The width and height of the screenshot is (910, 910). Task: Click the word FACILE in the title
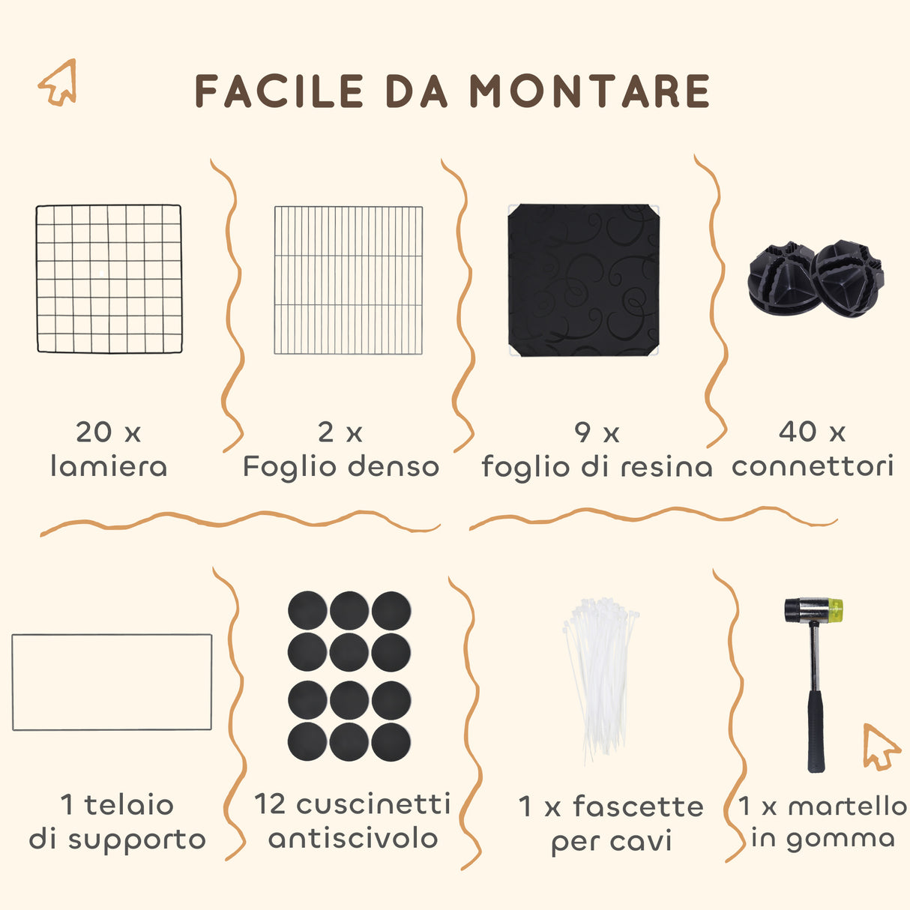tap(279, 91)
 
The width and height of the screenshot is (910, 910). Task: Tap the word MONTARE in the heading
tap(589, 91)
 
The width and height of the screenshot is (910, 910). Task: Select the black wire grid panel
tap(109, 279)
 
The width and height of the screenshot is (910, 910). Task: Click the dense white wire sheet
tap(349, 280)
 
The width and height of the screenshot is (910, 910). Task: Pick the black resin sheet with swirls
tap(583, 280)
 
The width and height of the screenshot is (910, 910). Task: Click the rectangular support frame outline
tap(112, 682)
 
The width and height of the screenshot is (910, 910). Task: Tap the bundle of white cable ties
tap(600, 675)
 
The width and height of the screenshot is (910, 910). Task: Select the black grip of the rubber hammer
tap(816, 731)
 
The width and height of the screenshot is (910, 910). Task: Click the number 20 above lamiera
tap(94, 433)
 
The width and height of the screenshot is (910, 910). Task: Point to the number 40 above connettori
tap(798, 432)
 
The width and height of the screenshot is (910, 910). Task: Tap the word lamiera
tap(109, 466)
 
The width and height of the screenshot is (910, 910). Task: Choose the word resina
tap(668, 467)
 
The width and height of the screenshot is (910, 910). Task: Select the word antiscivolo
tap(353, 838)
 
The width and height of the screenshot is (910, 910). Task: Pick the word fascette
tap(638, 807)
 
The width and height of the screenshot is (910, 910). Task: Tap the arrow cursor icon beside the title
tap(58, 82)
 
